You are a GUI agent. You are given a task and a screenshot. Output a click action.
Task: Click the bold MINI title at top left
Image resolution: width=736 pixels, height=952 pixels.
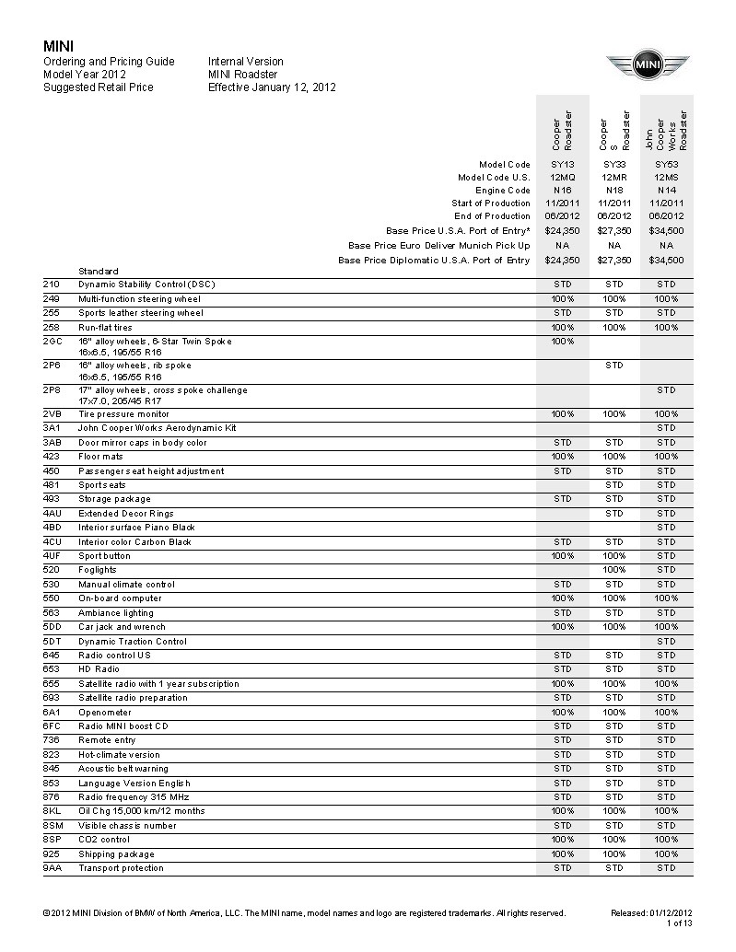[x=58, y=46]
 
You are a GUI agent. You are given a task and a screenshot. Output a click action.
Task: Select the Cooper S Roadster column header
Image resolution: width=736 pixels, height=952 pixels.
[x=614, y=130]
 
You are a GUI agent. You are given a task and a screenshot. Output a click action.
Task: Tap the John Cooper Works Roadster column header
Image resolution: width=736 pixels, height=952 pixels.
[x=666, y=130]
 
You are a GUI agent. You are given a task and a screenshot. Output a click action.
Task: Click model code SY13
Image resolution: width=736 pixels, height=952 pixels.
[x=563, y=164]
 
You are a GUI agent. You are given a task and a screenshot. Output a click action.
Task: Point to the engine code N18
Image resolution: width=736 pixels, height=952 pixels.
[x=614, y=190]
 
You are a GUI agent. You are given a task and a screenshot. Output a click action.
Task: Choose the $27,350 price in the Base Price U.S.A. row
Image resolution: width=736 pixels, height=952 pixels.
[x=614, y=230]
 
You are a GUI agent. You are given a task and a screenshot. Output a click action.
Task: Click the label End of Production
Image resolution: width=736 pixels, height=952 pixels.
[x=492, y=216]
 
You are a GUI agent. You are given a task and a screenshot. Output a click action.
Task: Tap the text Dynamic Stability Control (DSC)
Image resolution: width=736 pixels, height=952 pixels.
[x=147, y=284]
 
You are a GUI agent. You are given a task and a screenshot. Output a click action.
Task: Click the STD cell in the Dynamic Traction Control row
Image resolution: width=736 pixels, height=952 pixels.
[x=666, y=642]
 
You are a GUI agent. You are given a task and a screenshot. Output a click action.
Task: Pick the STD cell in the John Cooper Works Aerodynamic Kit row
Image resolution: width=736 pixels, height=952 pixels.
[x=666, y=428]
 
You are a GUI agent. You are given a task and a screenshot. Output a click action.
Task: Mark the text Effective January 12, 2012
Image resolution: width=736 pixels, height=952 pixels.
[x=272, y=87]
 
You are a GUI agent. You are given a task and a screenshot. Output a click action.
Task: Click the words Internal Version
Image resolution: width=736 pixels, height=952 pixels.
[x=246, y=62]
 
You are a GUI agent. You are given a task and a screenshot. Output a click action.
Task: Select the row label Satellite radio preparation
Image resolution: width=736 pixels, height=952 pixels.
[x=133, y=698]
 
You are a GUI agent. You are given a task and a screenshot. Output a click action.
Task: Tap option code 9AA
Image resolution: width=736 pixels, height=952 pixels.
[x=52, y=868]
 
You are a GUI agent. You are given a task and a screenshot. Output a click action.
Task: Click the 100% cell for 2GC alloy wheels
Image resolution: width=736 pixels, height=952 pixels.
[x=563, y=342]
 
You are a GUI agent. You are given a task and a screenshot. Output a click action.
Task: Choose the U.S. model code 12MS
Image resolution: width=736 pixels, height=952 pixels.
[x=666, y=177]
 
